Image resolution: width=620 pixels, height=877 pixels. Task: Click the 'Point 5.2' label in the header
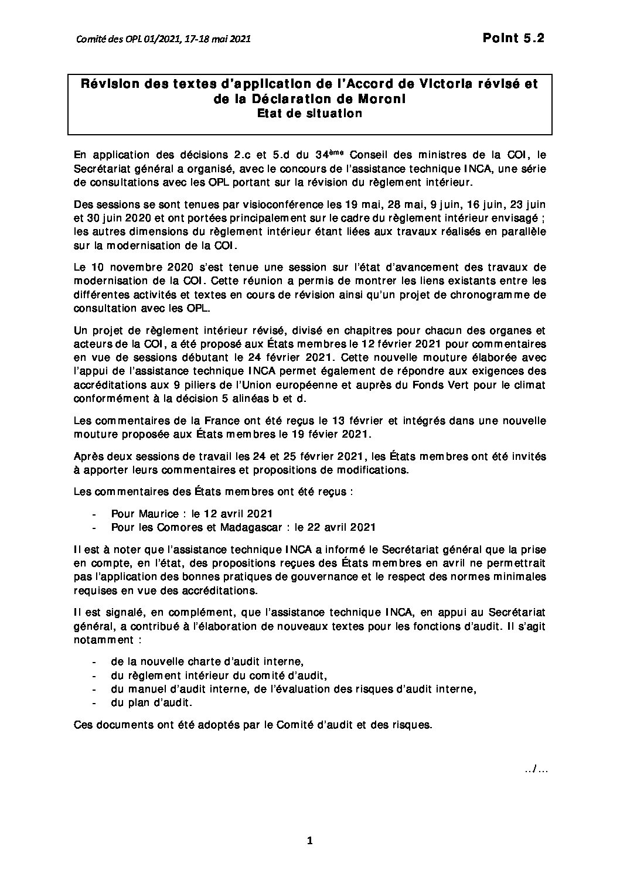(513, 39)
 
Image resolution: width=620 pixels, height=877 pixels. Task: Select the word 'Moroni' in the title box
(384, 99)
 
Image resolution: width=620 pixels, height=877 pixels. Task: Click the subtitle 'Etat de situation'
(310, 114)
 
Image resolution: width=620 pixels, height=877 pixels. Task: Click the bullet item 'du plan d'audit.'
(151, 702)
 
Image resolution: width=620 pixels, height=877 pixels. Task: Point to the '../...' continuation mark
(536, 769)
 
